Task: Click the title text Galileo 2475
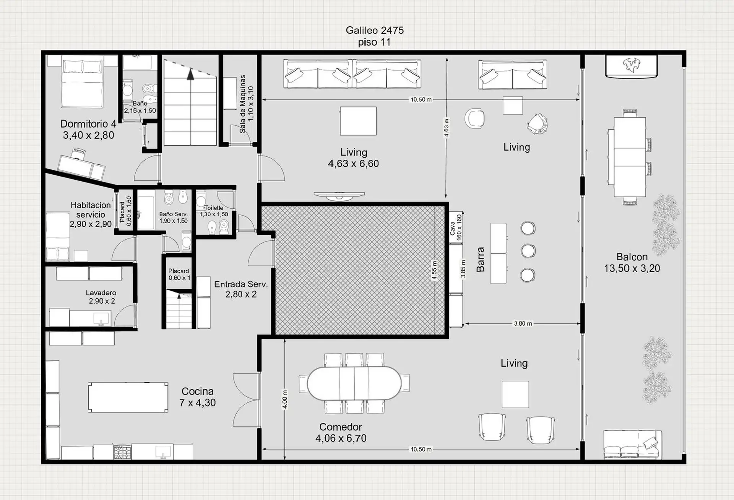375,30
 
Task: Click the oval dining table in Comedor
354,383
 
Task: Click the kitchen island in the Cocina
128,397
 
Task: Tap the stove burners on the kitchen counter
122,452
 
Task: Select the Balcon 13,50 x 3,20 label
632,262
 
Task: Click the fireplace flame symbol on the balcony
632,65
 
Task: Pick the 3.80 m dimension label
523,323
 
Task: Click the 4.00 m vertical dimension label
285,399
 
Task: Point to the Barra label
481,260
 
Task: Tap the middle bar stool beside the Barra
528,251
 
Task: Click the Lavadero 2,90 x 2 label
101,297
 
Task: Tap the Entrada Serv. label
241,284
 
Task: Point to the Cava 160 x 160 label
456,227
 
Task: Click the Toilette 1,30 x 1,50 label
214,211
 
